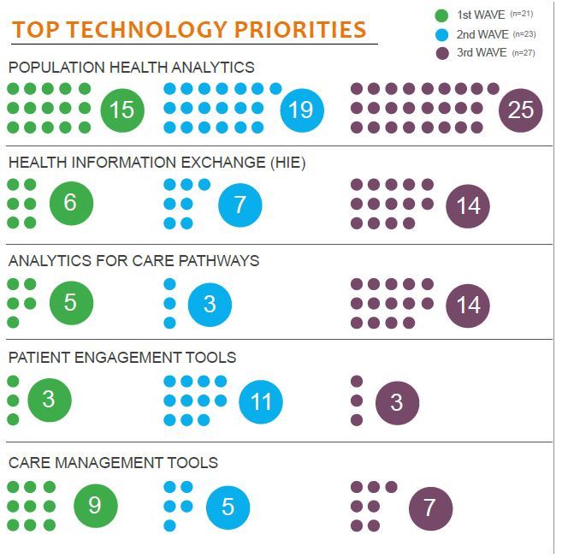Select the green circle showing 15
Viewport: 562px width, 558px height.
122,110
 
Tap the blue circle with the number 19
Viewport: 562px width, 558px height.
301,110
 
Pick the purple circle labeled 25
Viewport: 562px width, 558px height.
520,110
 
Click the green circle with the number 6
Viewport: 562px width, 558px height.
71,203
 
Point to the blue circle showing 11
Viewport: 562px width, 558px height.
261,401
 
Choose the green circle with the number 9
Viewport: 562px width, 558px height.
95,506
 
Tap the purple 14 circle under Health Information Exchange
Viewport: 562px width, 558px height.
468,206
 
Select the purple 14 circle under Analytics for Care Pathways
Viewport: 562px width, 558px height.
468,305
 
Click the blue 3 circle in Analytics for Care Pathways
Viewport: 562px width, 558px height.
209,305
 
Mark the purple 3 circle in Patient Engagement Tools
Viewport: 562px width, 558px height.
397,402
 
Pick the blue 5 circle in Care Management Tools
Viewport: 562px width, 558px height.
228,507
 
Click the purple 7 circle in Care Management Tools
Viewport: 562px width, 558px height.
429,508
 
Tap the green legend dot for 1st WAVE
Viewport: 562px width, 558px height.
442,15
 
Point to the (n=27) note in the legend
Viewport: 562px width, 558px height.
523,53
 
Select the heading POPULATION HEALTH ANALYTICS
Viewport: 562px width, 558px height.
131,67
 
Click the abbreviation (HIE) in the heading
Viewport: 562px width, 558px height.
287,162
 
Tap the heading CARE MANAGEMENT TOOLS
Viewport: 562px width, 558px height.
113,462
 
